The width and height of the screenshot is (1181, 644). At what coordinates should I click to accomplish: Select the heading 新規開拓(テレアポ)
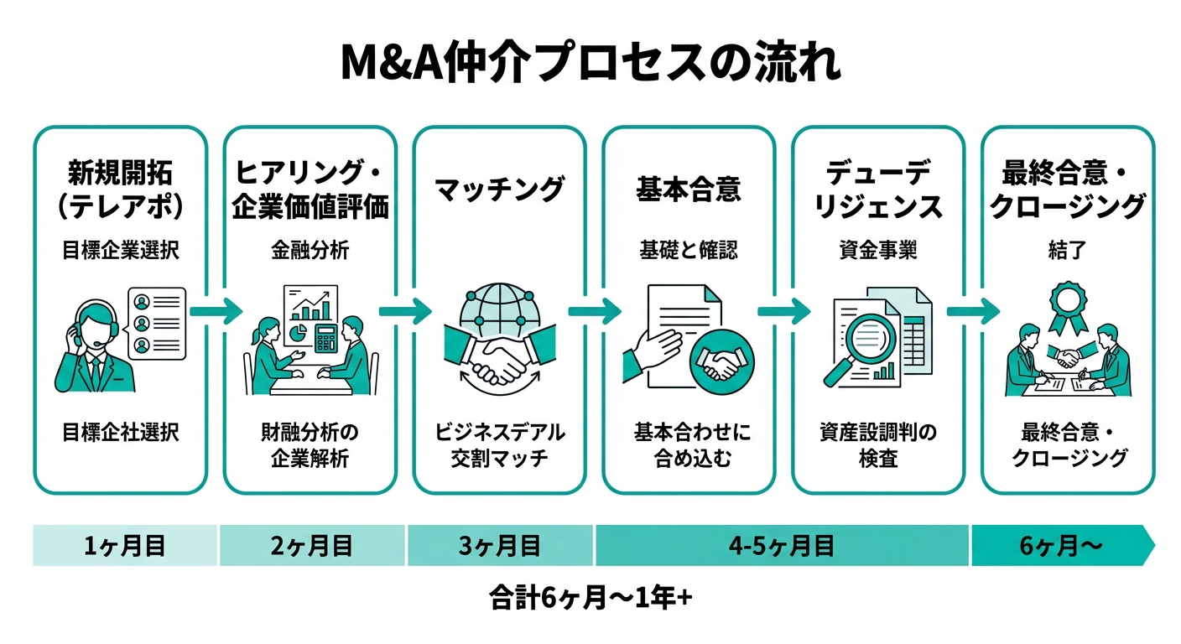(120, 190)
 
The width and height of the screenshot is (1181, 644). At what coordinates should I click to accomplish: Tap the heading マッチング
(500, 189)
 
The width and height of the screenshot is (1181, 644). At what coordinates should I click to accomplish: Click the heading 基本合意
(689, 189)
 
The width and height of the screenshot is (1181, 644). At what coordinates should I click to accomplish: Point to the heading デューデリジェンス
(878, 190)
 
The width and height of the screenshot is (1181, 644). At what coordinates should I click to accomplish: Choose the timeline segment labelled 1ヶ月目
(125, 547)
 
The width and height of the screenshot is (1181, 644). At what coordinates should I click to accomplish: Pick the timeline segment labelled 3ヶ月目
(500, 547)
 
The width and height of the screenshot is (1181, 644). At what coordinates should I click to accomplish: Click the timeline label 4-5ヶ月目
(781, 547)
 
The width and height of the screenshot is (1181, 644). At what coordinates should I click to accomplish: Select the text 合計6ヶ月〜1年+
(590, 598)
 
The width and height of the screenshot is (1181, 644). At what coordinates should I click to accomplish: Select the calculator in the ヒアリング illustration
(324, 336)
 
